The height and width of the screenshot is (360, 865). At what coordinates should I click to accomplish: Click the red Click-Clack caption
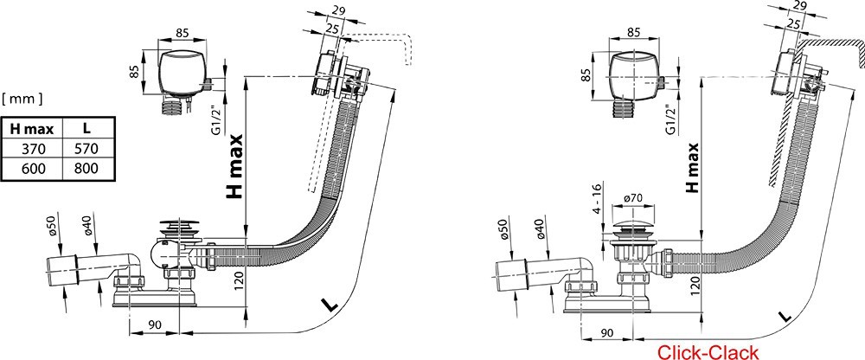tap(708, 350)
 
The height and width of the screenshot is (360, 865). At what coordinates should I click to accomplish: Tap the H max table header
tap(32, 128)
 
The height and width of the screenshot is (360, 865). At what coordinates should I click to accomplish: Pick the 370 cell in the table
tap(32, 149)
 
